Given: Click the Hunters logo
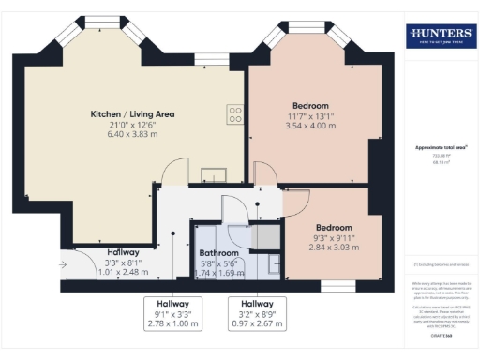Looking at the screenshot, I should coord(441,37).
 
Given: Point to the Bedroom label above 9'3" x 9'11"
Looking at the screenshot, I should coord(333,228).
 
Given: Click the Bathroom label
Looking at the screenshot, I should coord(218,253).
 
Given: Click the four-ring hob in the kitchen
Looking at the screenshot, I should coord(236,114).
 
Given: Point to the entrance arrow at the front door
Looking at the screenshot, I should coord(62,265).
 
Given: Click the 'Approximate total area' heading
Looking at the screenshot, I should coord(441,148).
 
